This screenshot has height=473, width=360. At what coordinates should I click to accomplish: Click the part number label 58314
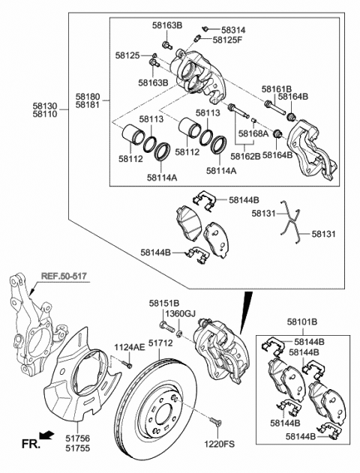point(233,30)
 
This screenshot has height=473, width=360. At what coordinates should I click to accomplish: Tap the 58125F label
point(227,40)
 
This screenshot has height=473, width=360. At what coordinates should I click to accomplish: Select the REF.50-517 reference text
point(64,276)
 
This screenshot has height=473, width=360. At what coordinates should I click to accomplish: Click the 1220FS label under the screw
point(219,444)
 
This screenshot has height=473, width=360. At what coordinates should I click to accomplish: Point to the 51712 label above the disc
point(160,343)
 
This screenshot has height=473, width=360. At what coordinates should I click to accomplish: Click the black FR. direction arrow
point(46,435)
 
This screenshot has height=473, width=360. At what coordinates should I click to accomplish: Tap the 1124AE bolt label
point(130,347)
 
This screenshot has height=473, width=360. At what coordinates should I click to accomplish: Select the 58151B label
point(164,303)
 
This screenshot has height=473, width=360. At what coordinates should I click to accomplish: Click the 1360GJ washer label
point(181,314)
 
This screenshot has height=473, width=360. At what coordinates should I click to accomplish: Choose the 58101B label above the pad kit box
point(301,322)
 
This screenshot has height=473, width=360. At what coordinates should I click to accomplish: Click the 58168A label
point(253,133)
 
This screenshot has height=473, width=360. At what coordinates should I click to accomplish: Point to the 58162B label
point(245,156)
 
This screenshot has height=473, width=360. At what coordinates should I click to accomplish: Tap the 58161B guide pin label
point(277,89)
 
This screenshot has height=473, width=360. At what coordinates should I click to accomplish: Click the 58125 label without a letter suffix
point(127,55)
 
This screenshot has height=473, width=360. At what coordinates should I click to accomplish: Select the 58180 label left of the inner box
point(87,97)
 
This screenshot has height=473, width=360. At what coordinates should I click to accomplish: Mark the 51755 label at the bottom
point(77,448)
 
